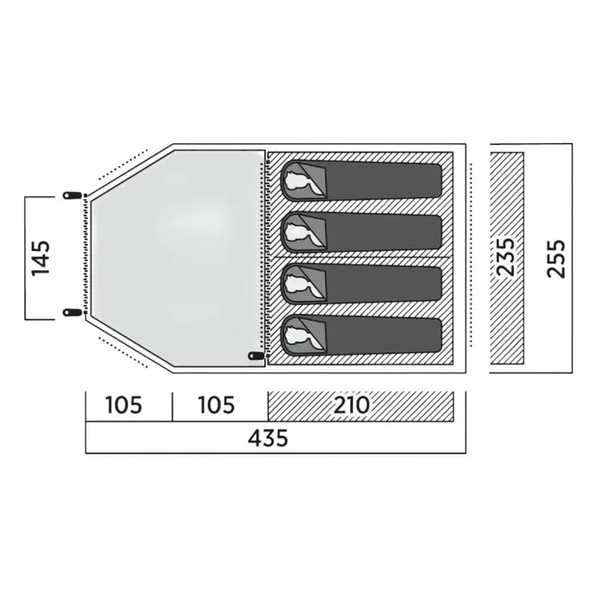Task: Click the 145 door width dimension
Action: click(x=41, y=258)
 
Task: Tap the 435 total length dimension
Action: click(x=268, y=438)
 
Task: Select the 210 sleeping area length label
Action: click(x=351, y=405)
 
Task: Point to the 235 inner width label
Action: click(x=506, y=257)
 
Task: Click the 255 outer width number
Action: click(x=556, y=258)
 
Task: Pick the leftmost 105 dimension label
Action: click(x=124, y=405)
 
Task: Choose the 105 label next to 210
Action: click(x=216, y=405)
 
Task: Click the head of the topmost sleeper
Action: click(x=300, y=180)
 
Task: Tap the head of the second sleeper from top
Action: click(x=300, y=232)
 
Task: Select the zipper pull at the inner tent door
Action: click(x=256, y=356)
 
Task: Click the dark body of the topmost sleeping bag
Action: click(x=384, y=181)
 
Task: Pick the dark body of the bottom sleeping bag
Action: click(x=384, y=335)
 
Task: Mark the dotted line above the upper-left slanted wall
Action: click(x=122, y=164)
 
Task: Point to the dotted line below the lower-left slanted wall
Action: click(x=122, y=352)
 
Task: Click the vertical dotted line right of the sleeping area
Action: click(x=471, y=255)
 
